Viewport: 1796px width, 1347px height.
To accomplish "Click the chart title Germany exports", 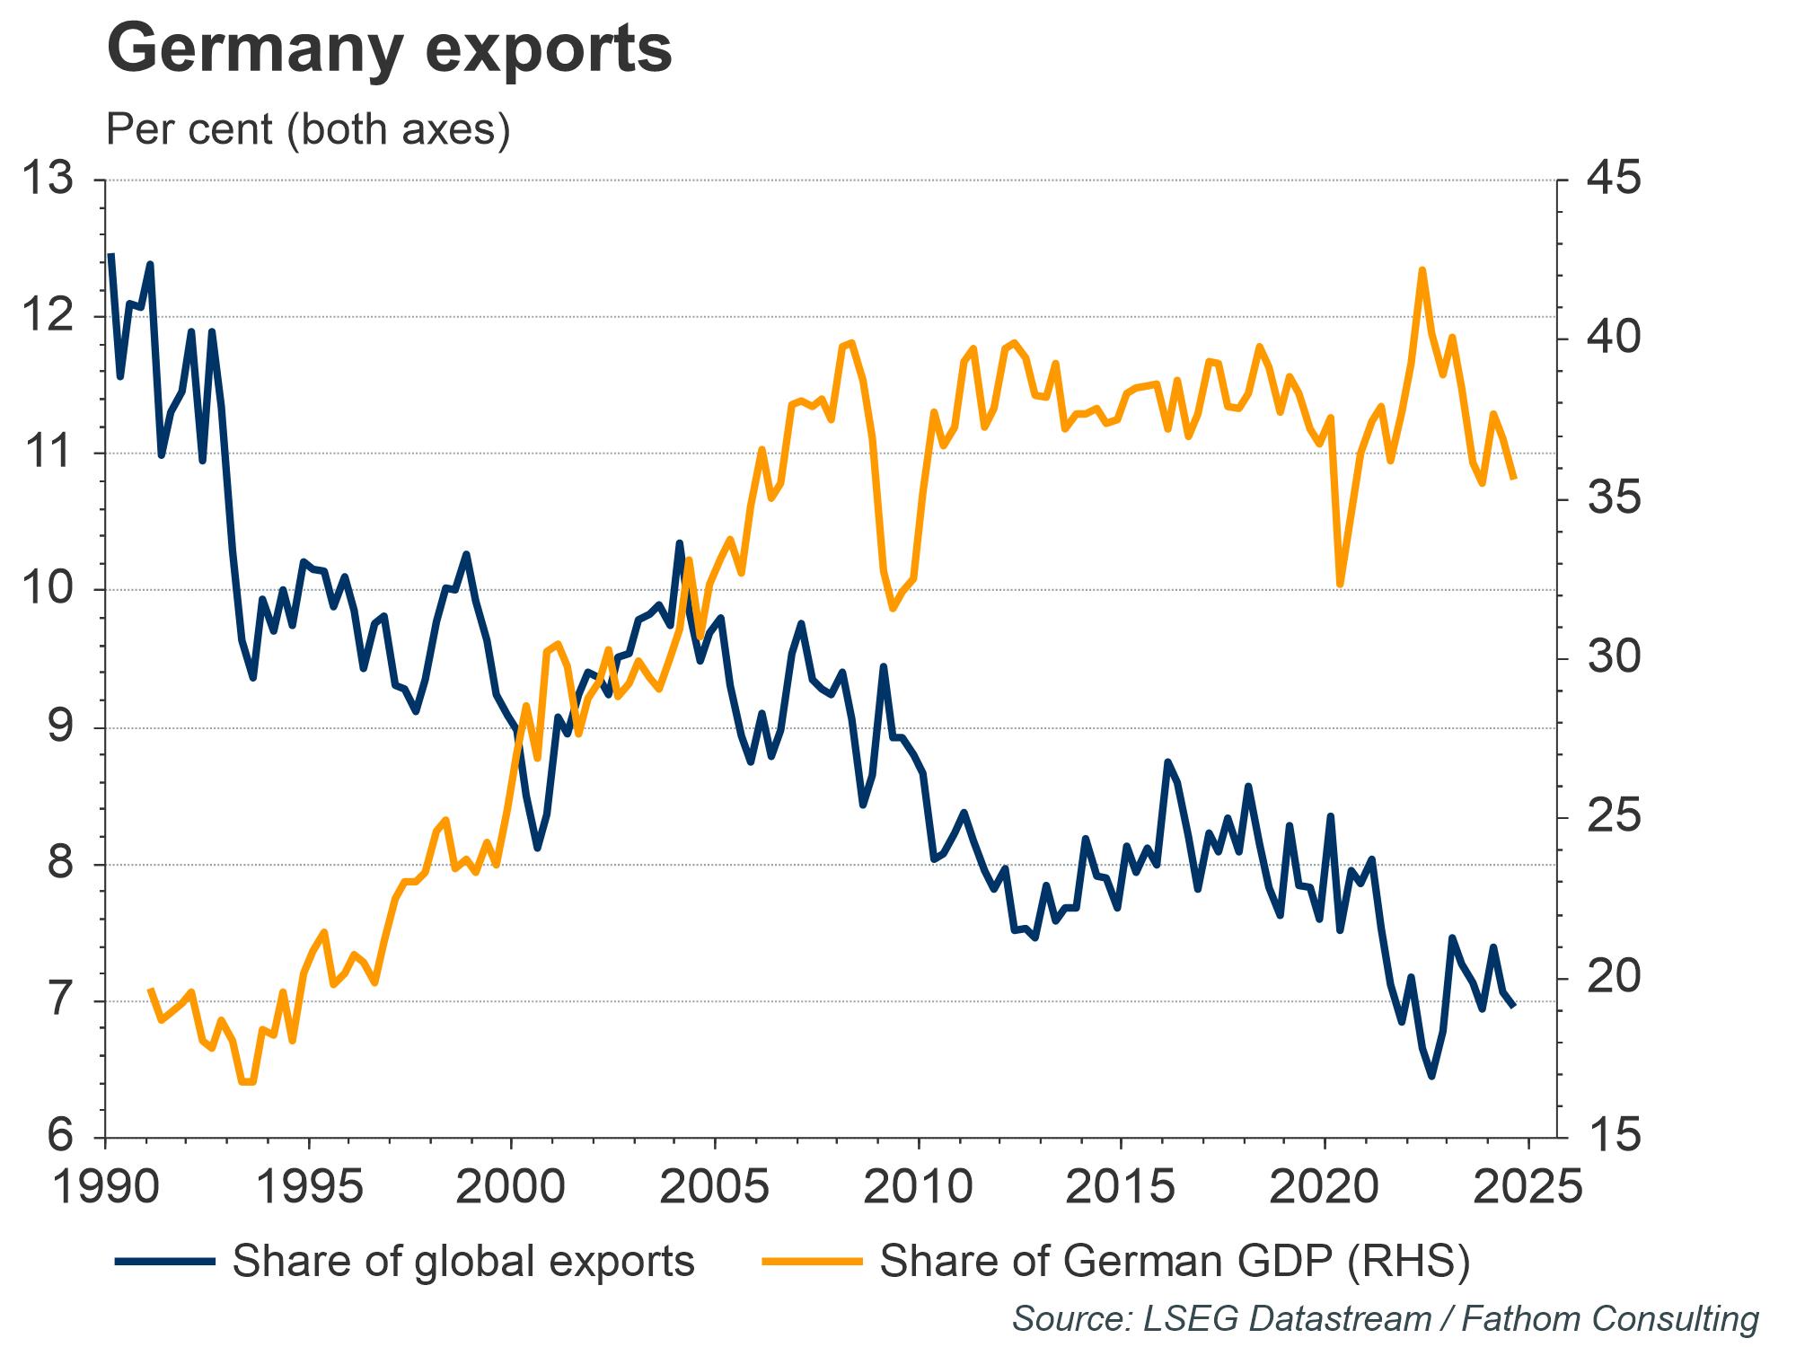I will tap(389, 49).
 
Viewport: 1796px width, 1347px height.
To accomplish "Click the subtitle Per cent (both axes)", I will tap(308, 129).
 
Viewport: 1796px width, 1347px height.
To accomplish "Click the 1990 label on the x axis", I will tap(106, 1187).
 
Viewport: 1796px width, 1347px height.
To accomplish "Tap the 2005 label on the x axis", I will tap(715, 1187).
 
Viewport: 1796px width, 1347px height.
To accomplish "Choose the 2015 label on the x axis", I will tap(1121, 1187).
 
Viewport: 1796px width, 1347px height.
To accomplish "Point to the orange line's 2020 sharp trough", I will tap(1341, 585).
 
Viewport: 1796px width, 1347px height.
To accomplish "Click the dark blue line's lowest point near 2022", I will tap(1431, 1076).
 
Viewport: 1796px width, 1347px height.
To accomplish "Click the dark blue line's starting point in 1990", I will tap(110, 255).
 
